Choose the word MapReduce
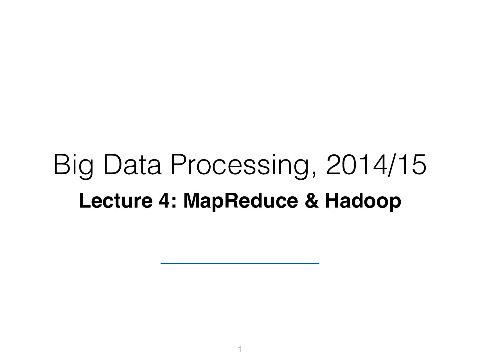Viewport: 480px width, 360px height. coord(240,202)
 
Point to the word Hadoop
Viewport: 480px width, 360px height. coord(363,202)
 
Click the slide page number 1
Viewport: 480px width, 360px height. coord(240,350)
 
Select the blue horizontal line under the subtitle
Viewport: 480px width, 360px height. coord(240,263)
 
